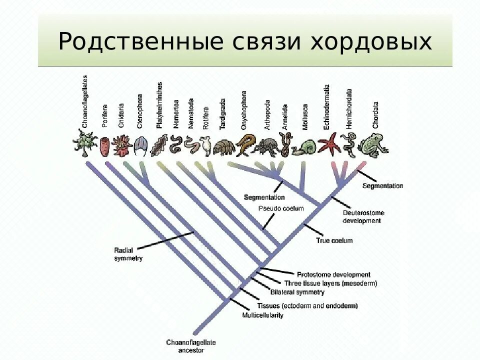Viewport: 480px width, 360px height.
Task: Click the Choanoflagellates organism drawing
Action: pyautogui.click(x=84, y=142)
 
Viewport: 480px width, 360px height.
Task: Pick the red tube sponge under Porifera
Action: pyautogui.click(x=104, y=144)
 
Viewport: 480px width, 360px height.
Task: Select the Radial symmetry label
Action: pyautogui.click(x=128, y=254)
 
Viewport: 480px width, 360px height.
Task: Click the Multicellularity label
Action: pyautogui.click(x=262, y=315)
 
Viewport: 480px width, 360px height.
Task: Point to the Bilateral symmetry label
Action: pyautogui.click(x=297, y=292)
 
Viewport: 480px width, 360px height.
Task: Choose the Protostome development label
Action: pyautogui.click(x=333, y=274)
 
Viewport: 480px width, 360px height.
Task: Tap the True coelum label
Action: pyautogui.click(x=334, y=240)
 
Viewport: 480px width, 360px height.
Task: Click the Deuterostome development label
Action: pyautogui.click(x=363, y=216)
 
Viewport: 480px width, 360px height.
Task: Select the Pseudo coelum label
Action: pyautogui.click(x=281, y=208)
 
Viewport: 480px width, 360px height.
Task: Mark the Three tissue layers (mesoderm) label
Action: pyautogui.click(x=330, y=283)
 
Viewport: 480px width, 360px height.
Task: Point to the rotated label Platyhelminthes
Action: pyautogui.click(x=159, y=105)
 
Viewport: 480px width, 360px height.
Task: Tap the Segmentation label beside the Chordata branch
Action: pyautogui.click(x=382, y=186)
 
